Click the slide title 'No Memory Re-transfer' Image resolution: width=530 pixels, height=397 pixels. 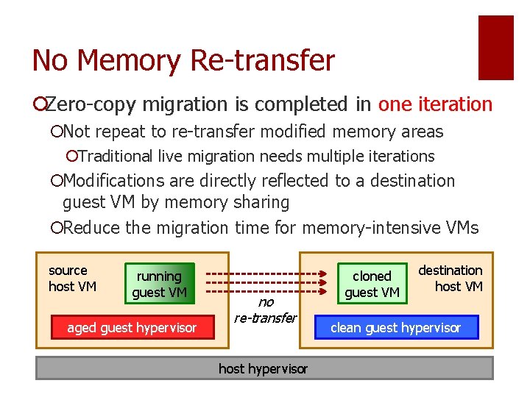[x=183, y=60]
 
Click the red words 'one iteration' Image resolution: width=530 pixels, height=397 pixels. [x=435, y=104]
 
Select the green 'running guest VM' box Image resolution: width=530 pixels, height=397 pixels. [x=159, y=285]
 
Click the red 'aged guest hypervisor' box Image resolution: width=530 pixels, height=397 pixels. [x=132, y=328]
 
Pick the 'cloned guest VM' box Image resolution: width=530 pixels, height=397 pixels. [x=372, y=285]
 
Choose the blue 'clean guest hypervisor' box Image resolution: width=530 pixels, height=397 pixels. [x=396, y=328]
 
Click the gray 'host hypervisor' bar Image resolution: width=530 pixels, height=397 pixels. [x=264, y=368]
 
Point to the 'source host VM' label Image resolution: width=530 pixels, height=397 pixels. [x=71, y=279]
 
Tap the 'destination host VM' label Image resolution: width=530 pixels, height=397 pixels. [x=451, y=278]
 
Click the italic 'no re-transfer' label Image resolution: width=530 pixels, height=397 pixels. [x=265, y=310]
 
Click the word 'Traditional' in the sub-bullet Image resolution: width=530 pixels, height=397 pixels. [x=116, y=156]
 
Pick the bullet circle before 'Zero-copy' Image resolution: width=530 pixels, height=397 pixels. [x=38, y=105]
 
